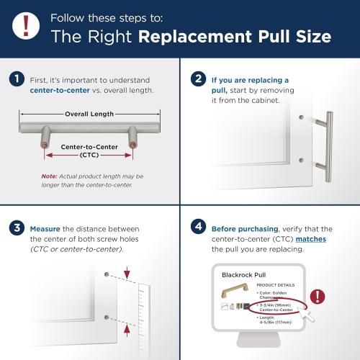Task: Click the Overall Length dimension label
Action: (x=90, y=114)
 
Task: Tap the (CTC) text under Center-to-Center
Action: (x=90, y=155)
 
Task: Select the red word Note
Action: (x=48, y=176)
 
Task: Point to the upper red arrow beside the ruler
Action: (x=127, y=274)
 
